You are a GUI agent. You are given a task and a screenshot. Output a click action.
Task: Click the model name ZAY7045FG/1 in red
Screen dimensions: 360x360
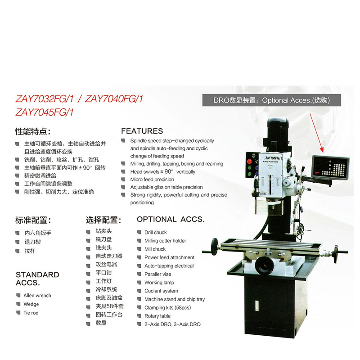point(45,112)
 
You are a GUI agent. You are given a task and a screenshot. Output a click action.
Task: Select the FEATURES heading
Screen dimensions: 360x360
point(142,131)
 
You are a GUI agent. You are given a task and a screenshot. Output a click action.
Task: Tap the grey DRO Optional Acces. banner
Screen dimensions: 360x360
point(272,100)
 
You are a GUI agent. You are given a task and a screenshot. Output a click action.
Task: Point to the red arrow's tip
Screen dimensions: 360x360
point(323,152)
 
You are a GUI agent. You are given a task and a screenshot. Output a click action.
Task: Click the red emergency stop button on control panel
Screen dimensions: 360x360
point(249,161)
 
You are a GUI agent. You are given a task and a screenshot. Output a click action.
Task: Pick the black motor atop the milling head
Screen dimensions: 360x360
point(278,133)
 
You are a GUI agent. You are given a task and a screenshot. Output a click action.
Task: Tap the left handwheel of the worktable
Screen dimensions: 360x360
point(215,247)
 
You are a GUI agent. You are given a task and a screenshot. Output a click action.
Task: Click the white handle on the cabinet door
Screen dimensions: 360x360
point(257,306)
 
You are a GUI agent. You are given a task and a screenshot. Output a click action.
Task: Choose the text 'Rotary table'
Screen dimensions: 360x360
point(157,316)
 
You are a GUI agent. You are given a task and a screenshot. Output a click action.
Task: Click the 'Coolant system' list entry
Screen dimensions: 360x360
point(161,291)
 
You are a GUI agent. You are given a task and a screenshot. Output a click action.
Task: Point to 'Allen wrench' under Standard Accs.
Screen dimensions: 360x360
point(37,296)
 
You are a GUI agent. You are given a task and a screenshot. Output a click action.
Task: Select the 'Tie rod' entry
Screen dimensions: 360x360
point(31,313)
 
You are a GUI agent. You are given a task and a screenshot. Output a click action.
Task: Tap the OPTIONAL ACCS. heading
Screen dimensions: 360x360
point(171,219)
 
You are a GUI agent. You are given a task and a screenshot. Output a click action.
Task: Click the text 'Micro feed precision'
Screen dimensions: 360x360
point(152,179)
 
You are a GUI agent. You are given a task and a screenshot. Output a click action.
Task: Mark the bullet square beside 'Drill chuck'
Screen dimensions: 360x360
point(139,232)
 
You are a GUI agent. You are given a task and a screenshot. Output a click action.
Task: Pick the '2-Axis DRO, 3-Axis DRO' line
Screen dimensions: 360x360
point(172,324)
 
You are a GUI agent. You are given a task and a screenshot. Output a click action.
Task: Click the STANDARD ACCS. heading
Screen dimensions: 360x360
point(37,279)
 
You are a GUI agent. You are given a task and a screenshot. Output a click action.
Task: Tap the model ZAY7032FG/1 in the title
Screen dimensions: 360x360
point(45,99)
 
